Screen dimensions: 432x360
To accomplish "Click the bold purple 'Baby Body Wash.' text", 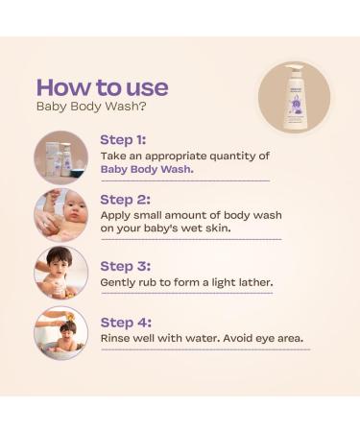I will (147, 169).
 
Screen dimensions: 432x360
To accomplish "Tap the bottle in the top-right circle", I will (293, 95).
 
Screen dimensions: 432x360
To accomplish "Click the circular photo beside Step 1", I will (60, 157).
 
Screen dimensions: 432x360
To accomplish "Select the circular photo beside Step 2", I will (60, 216).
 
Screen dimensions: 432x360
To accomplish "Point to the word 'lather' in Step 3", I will (253, 282).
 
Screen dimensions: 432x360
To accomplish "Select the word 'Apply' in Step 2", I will (118, 216).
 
